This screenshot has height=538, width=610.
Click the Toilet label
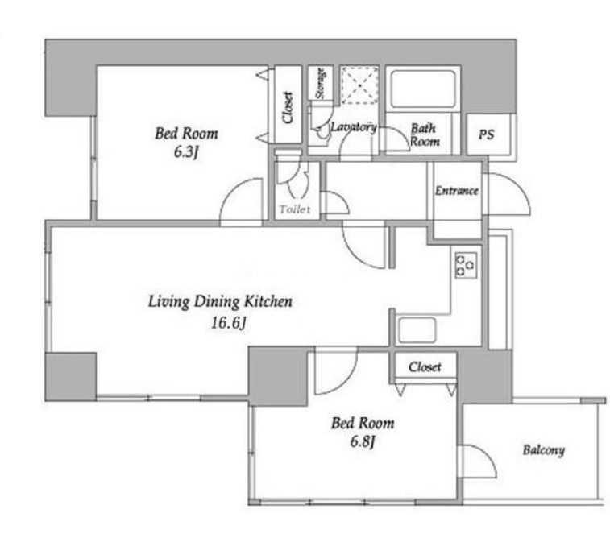(x=295, y=209)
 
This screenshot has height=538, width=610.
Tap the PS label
(x=486, y=134)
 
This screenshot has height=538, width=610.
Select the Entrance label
(x=457, y=191)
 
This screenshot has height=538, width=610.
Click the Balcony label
(x=543, y=450)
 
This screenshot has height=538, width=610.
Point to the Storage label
(x=320, y=83)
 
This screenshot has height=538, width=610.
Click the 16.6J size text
(x=228, y=323)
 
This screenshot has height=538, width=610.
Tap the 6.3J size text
(x=186, y=152)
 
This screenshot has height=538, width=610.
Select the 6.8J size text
(x=362, y=441)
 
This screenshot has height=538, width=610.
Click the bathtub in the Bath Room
(x=423, y=89)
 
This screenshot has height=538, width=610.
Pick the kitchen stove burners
(x=466, y=265)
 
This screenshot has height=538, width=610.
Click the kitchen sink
(x=417, y=330)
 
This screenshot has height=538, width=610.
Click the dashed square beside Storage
(x=360, y=85)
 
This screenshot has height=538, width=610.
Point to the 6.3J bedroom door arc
(x=233, y=191)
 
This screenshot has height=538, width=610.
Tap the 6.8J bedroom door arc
(x=346, y=382)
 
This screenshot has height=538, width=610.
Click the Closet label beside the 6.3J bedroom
(x=288, y=108)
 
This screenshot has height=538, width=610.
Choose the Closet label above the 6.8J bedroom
(x=425, y=367)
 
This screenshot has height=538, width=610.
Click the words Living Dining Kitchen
(x=220, y=302)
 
